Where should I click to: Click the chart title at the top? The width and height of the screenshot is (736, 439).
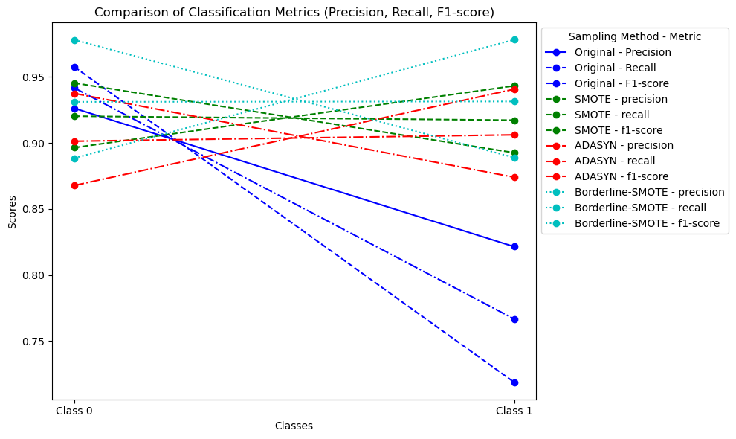tap(294, 12)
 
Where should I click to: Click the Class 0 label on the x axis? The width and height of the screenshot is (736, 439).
tap(74, 411)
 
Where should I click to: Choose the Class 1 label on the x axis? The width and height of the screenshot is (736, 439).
tap(514, 411)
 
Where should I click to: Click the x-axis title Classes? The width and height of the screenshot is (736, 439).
tap(294, 426)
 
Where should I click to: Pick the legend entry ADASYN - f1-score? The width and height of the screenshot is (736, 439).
tap(617, 176)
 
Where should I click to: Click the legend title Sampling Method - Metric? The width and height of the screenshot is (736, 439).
tap(634, 36)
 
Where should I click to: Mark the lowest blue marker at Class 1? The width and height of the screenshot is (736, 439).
tap(514, 382)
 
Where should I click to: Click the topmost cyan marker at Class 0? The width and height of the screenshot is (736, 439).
tap(74, 40)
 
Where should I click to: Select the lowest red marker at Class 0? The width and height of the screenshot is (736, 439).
tap(74, 185)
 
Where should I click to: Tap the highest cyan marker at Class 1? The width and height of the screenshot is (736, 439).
tap(514, 39)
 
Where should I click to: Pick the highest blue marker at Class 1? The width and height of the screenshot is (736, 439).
tap(514, 246)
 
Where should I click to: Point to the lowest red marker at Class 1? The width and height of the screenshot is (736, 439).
tap(514, 177)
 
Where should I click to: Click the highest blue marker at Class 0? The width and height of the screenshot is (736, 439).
tap(74, 67)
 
